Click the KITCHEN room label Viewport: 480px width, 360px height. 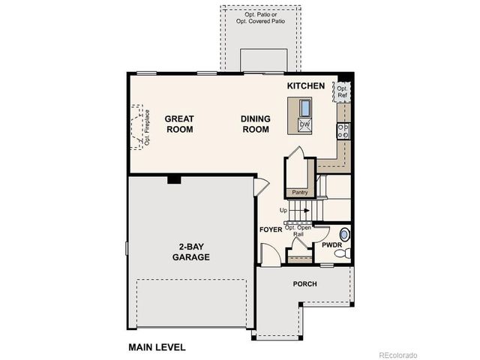(306, 86)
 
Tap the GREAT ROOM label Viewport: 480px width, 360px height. (179, 124)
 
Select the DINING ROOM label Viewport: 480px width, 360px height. (255, 124)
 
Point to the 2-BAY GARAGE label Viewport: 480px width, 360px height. (190, 251)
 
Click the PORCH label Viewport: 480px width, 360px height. (304, 284)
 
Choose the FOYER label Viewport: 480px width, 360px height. (270, 229)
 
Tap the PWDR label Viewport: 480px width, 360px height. (331, 244)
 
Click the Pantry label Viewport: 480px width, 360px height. (300, 192)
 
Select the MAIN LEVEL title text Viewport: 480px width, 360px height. (157, 347)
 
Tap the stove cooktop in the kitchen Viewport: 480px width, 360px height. (344, 131)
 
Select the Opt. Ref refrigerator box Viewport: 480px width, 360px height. (342, 91)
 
